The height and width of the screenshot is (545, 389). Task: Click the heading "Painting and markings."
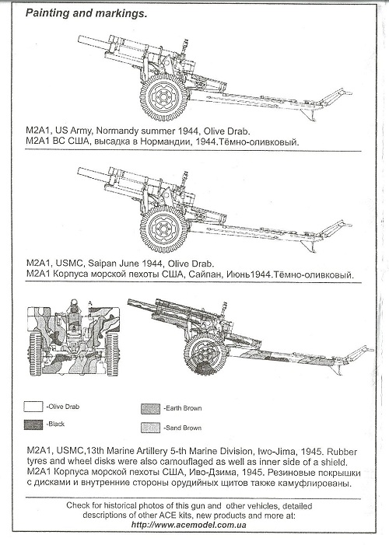(x=86, y=13)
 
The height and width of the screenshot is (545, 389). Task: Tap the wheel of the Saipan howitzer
(x=163, y=229)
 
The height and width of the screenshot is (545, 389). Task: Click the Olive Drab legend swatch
(x=33, y=407)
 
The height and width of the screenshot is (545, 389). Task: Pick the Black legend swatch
(x=33, y=424)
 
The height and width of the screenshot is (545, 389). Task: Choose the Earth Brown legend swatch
(x=150, y=408)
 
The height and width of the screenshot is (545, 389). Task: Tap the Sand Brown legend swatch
(x=150, y=428)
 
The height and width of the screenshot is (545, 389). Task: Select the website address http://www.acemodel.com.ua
(x=188, y=525)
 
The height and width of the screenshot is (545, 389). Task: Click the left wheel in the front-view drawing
(x=35, y=354)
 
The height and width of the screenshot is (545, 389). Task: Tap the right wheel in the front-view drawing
(x=111, y=354)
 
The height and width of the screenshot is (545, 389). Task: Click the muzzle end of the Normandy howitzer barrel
(x=79, y=40)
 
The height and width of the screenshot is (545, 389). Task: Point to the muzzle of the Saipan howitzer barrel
(x=79, y=171)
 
